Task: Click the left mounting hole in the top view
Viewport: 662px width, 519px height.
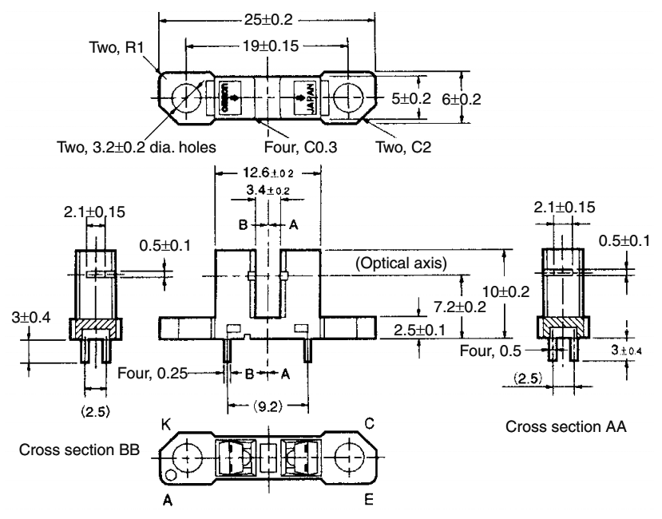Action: click(x=185, y=97)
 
